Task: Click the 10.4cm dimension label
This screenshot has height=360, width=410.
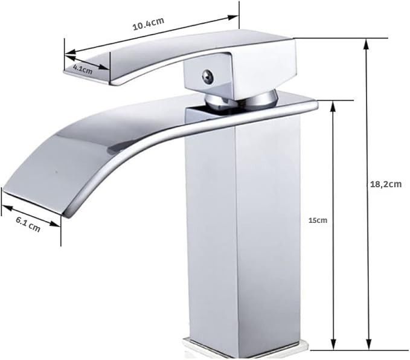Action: tap(149, 24)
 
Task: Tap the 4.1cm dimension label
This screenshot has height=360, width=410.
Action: tap(83, 69)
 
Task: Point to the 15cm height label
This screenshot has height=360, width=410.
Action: tap(318, 220)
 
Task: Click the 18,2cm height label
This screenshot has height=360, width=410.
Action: tap(386, 184)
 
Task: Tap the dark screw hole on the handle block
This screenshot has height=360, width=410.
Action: tap(208, 76)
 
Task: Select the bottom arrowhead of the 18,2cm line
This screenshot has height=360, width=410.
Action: tap(368, 344)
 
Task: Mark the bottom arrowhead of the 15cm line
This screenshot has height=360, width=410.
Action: tap(333, 344)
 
